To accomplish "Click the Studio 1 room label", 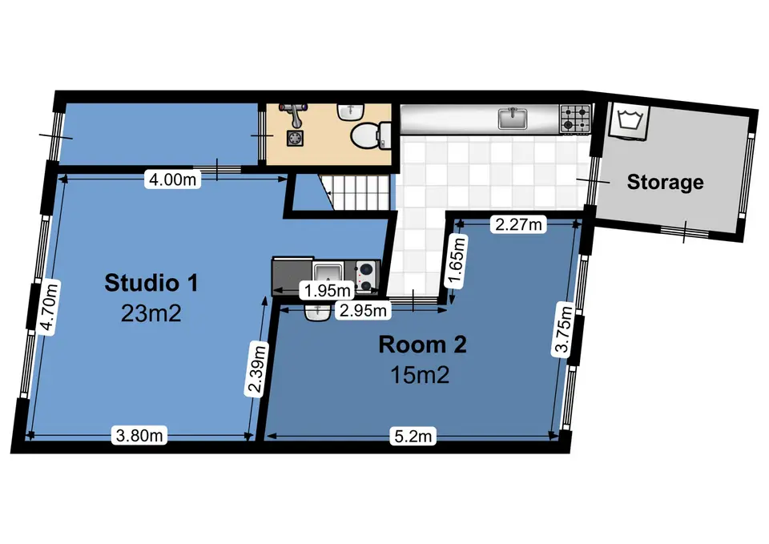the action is pos(151,283).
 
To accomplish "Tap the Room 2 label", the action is pos(422,345).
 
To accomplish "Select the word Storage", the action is pos(665,182).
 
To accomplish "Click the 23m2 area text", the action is pos(151,313).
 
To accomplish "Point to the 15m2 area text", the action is pos(420,375).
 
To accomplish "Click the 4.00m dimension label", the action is pos(173,179).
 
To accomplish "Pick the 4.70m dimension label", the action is pos(49,308).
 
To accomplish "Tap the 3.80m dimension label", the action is pos(139,435).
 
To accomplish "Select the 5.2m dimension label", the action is pos(413,436).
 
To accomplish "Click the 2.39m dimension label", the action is pos(257,369).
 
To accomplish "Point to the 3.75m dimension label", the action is pos(563,328).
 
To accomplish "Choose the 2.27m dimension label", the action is pos(518,224).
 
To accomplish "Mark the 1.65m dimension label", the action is pos(456,261).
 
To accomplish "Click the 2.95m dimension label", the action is pos(363,311).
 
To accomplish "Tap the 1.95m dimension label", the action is pos(327,290).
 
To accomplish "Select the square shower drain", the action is pos(296,139).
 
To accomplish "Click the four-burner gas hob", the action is pos(575,119).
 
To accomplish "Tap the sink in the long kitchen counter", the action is pos(513,119).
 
